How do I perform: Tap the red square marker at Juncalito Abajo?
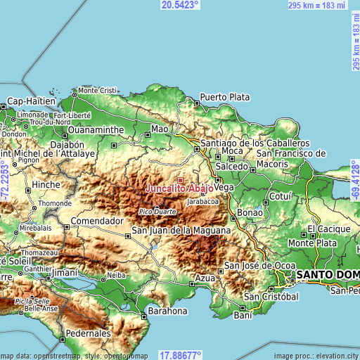tap(180, 181)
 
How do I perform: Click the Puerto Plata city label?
tap(225, 97)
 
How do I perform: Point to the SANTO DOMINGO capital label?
tap(328, 274)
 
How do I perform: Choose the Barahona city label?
tap(167, 310)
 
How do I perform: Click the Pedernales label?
tap(88, 333)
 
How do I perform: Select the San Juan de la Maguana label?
tap(181, 231)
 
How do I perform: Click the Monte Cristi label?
tap(97, 90)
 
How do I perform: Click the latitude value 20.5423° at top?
tap(180, 5)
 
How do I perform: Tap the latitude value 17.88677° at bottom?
tap(180, 354)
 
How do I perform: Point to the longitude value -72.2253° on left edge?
tap(6, 180)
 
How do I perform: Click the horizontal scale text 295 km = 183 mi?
tap(316, 5)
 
